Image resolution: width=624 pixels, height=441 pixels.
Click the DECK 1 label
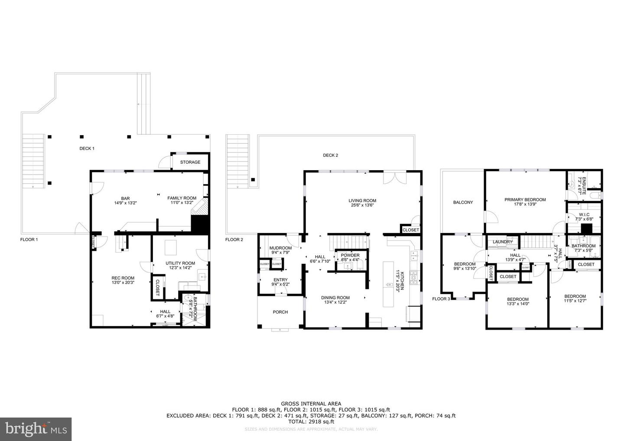coord(87,149)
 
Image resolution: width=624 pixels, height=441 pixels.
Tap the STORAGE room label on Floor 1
coord(190,162)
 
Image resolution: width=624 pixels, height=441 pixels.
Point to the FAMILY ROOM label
coord(182,198)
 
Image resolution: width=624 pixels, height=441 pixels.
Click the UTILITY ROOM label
coord(180,263)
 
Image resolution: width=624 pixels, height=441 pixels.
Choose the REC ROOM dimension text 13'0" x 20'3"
coord(123,282)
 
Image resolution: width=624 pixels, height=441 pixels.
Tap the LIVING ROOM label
coord(362,201)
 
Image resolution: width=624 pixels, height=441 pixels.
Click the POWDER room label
coord(350,255)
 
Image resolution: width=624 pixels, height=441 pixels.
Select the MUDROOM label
coord(280,248)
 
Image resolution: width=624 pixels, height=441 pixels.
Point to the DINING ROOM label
coord(335,298)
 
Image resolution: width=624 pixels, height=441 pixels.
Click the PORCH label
coord(280,312)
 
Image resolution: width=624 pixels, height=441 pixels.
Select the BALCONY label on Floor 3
coord(463,202)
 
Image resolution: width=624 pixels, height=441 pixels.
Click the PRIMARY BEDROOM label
coord(525,200)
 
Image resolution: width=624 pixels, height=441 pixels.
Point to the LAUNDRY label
coord(502,242)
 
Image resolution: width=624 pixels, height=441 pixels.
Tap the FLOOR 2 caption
coord(234,240)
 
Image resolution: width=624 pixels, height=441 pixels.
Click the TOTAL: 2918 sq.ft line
coord(311,421)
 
